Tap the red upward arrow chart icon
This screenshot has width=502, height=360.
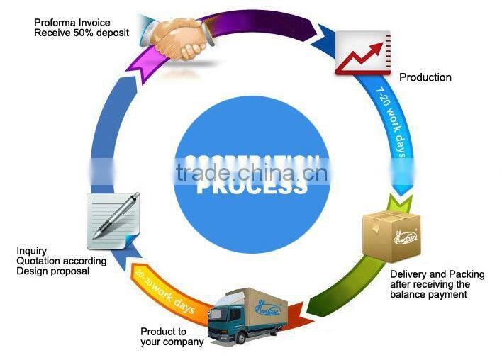tap(363, 52)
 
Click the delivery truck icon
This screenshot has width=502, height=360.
tap(247, 315)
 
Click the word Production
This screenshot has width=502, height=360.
tap(425, 77)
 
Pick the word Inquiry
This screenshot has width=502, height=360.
tap(31, 251)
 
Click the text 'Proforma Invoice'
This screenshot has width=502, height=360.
tap(72, 23)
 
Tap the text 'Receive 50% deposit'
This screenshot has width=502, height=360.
tap(82, 33)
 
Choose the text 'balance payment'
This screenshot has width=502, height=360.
tap(429, 294)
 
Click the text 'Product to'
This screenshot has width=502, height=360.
tap(163, 332)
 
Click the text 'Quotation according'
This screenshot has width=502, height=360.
tap(61, 261)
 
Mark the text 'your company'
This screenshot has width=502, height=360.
tap(172, 342)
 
